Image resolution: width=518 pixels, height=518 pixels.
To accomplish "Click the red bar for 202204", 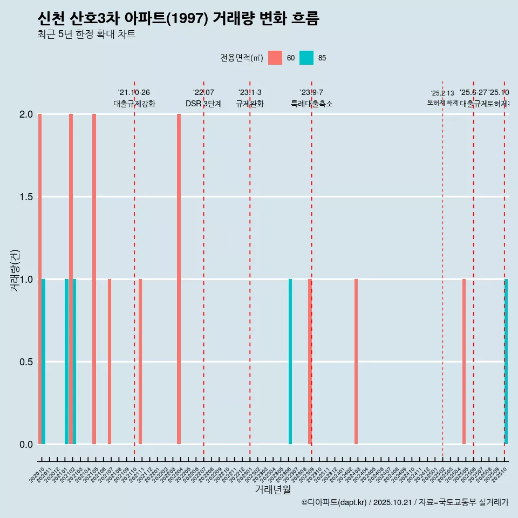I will [179, 279].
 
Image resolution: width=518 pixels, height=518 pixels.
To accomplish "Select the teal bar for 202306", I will [290, 362].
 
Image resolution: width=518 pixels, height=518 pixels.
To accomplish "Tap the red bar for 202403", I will [356, 362].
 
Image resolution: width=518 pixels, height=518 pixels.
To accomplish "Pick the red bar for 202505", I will [464, 362].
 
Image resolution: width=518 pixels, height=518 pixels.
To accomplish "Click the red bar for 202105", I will [94, 279].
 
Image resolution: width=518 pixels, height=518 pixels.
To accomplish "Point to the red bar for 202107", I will [110, 362].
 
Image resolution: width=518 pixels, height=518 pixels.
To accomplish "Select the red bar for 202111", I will [140, 362].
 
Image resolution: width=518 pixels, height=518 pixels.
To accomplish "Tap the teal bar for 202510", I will [506, 362].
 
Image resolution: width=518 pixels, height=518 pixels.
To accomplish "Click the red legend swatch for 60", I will [275, 58].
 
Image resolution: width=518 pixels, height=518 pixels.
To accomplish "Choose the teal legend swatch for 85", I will [306, 58].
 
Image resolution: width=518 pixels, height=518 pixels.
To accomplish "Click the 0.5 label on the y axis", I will [26, 362].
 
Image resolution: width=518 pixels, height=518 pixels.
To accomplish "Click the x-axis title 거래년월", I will [272, 490].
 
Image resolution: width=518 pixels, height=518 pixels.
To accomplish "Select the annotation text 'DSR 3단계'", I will [203, 104].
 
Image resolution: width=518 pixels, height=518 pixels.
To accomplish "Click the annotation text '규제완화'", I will [250, 104].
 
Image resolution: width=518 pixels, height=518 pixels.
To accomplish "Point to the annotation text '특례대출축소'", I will [311, 104].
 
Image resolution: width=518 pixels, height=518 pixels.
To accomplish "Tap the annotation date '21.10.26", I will [134, 92].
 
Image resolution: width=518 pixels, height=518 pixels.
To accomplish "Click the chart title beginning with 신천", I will [179, 19].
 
